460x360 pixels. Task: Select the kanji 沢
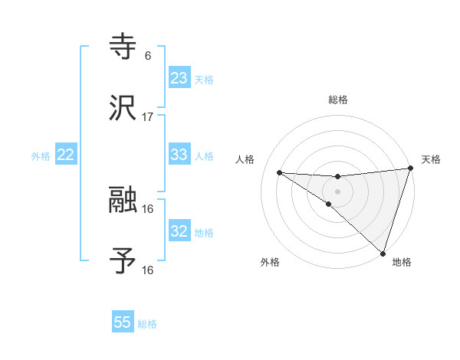pyautogui.click(x=123, y=108)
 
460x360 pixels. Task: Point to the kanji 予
pyautogui.click(x=123, y=261)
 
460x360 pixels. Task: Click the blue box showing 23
pyautogui.click(x=179, y=77)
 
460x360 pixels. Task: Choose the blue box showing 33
pyautogui.click(x=179, y=155)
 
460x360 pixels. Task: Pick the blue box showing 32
pyautogui.click(x=179, y=231)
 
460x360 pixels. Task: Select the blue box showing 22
pyautogui.click(x=66, y=155)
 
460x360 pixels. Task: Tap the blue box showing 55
pyautogui.click(x=123, y=322)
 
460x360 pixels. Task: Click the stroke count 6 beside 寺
pyautogui.click(x=148, y=56)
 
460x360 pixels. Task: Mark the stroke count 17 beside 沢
pyautogui.click(x=148, y=117)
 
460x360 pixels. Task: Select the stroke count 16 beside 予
pyautogui.click(x=148, y=270)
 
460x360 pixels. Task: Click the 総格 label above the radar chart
pyautogui.click(x=338, y=100)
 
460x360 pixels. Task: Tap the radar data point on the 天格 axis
pyautogui.click(x=410, y=169)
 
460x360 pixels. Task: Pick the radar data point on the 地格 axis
pyautogui.click(x=383, y=253)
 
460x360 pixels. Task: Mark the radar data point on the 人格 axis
pyautogui.click(x=279, y=172)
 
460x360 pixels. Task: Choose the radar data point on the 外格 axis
pyautogui.click(x=329, y=204)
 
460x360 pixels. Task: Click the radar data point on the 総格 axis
pyautogui.click(x=338, y=177)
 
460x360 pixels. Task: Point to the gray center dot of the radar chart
pyautogui.click(x=338, y=191)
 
